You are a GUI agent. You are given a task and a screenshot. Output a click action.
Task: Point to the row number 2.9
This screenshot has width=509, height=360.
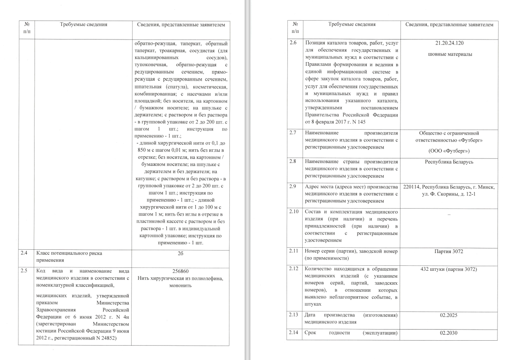click(x=293, y=187)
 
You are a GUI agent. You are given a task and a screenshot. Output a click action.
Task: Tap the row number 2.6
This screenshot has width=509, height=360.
click(x=293, y=43)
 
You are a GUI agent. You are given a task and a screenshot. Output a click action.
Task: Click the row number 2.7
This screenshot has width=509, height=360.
click(x=293, y=133)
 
